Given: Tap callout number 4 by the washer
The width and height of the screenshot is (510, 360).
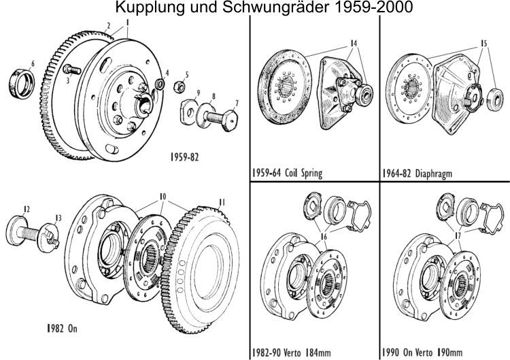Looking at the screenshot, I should tap(167, 72).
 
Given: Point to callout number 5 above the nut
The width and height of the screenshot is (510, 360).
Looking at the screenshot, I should tap(188, 74).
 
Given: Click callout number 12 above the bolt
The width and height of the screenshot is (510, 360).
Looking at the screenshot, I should tap(26, 209).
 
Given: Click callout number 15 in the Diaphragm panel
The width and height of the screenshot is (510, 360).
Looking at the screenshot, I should tap(483, 42).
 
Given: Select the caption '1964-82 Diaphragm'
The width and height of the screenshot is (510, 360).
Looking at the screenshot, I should tap(417, 173).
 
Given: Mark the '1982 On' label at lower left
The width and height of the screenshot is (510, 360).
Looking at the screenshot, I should tap(58, 327).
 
